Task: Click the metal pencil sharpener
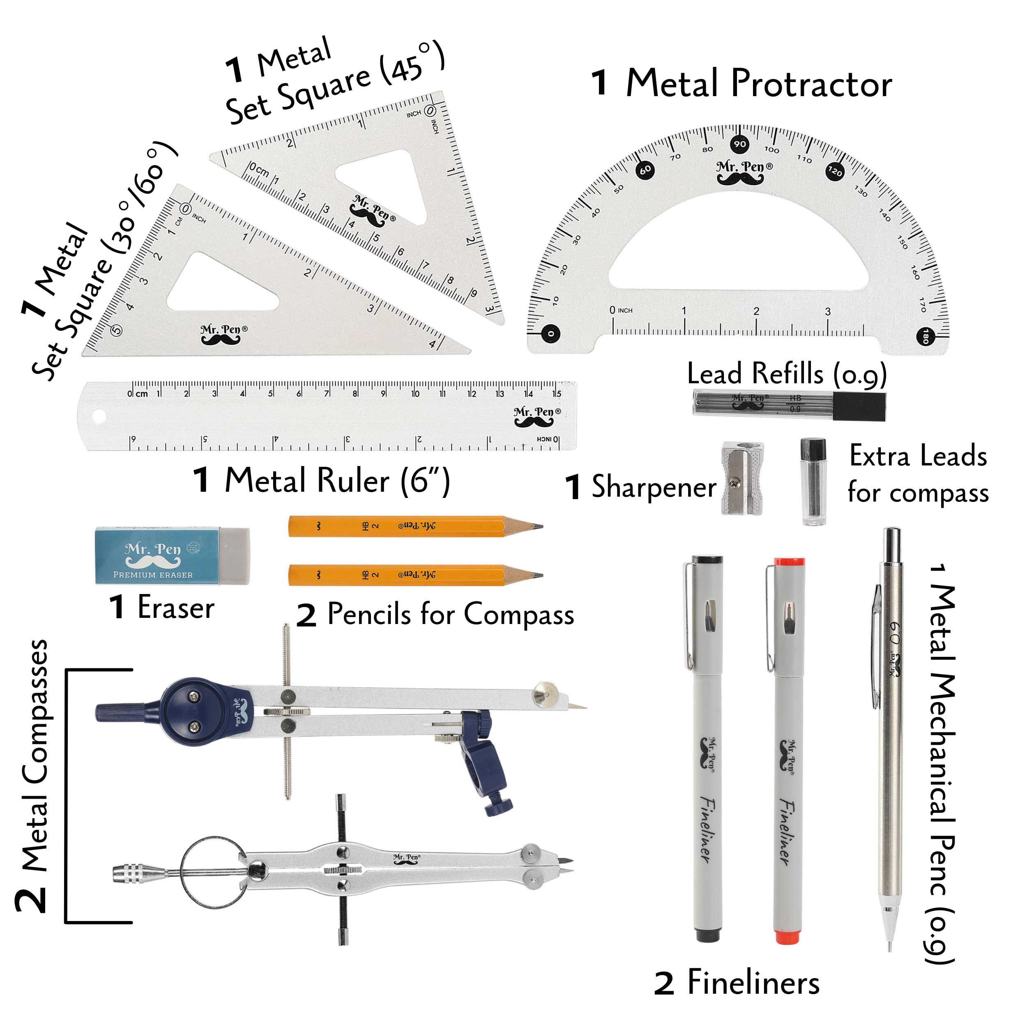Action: click(742, 479)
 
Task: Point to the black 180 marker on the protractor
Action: click(926, 336)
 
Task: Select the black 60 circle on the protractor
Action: click(645, 170)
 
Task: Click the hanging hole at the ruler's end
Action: click(99, 416)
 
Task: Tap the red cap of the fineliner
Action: click(789, 562)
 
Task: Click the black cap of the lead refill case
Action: click(858, 407)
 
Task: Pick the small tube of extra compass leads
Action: click(813, 481)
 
